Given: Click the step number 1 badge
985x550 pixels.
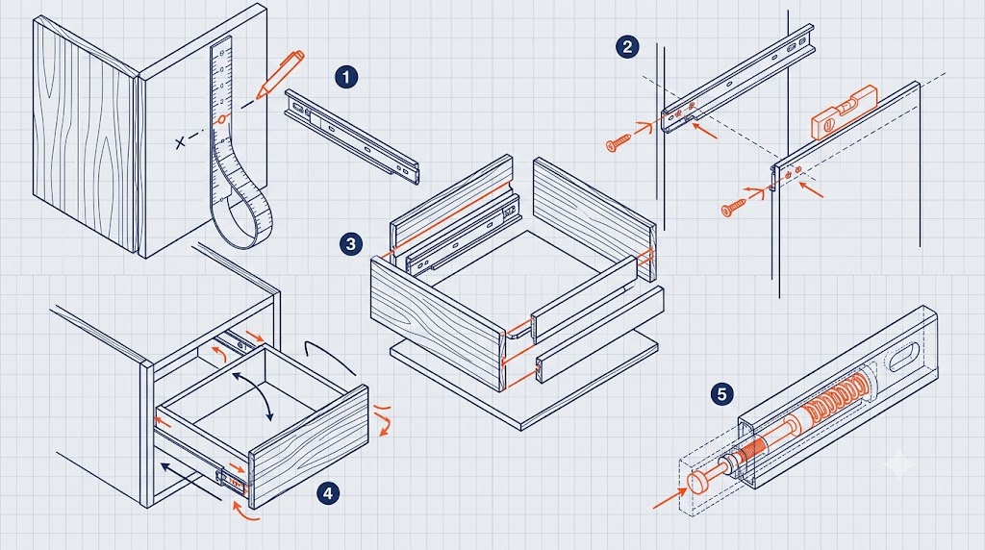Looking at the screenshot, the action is coord(346,77).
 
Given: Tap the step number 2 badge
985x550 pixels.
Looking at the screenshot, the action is coord(627,46).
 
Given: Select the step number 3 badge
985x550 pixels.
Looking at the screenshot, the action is coord(350,243).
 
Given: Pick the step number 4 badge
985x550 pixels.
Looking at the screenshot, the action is coord(328,493).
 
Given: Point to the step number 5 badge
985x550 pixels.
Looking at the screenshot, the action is coord(722,394).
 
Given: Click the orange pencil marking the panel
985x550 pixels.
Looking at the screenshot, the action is coord(280,74).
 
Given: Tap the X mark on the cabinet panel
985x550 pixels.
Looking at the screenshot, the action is coord(181,142).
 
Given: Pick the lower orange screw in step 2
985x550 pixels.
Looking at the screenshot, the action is coord(734,207).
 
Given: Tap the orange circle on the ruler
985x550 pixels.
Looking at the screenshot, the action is coord(221,119).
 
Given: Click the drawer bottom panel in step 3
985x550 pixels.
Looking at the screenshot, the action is coord(524,383).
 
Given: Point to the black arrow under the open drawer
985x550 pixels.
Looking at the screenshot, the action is coord(190,482).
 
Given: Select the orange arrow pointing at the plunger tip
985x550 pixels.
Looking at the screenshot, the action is coord(669,497).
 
